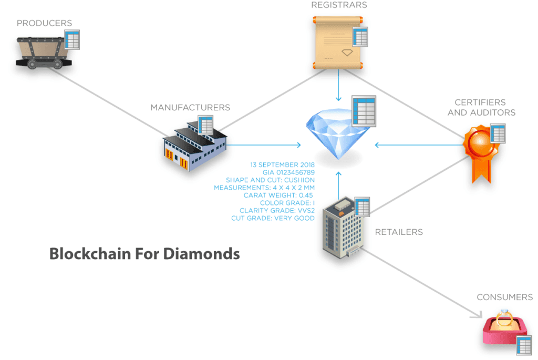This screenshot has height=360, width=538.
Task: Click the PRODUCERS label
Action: (44, 23)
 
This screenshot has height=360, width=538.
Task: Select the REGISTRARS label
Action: (339, 5)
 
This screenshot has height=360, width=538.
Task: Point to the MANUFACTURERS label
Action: (190, 107)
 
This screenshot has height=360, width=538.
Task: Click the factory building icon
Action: (193, 145)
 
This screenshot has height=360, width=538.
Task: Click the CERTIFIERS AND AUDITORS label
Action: (481, 107)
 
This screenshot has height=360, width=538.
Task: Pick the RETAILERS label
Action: (399, 232)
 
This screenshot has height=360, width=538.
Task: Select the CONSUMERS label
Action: (504, 297)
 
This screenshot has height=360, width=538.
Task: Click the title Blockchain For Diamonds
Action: (144, 253)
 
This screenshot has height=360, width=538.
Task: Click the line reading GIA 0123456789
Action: (288, 172)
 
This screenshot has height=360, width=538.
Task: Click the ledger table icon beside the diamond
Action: (364, 111)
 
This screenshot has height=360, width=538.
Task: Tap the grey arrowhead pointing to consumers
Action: (477, 315)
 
